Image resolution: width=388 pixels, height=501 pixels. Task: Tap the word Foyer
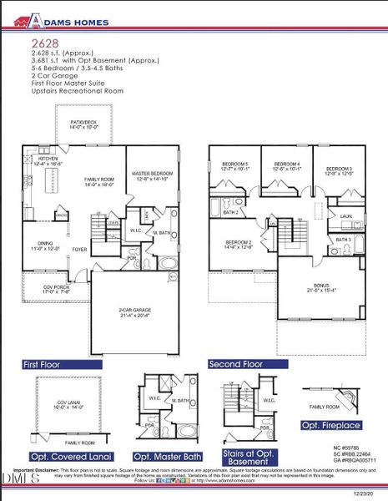(x=79, y=249)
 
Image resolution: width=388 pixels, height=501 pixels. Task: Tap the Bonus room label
(x=320, y=287)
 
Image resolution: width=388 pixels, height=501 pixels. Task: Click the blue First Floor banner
(x=62, y=365)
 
